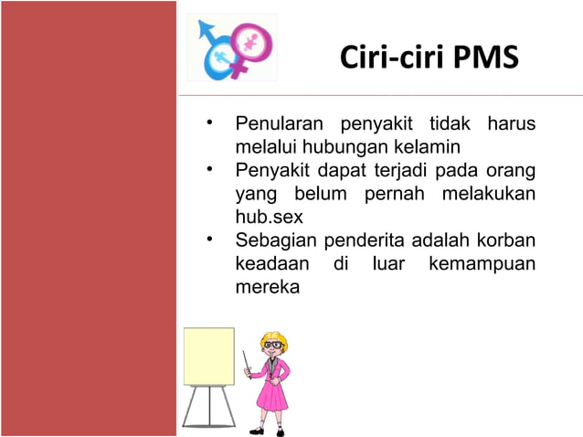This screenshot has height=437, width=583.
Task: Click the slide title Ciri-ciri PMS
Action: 429,58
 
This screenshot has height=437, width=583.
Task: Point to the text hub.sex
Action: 269,218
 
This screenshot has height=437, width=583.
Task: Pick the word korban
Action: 509,241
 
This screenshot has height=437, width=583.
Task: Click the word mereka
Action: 267,288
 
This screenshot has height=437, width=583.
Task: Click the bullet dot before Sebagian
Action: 209,240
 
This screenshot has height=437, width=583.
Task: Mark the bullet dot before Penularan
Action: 209,123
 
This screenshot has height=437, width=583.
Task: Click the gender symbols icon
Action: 232,48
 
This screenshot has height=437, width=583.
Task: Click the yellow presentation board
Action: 208,357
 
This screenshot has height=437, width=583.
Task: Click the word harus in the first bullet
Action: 512,123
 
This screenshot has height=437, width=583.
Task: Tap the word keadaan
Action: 270,264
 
